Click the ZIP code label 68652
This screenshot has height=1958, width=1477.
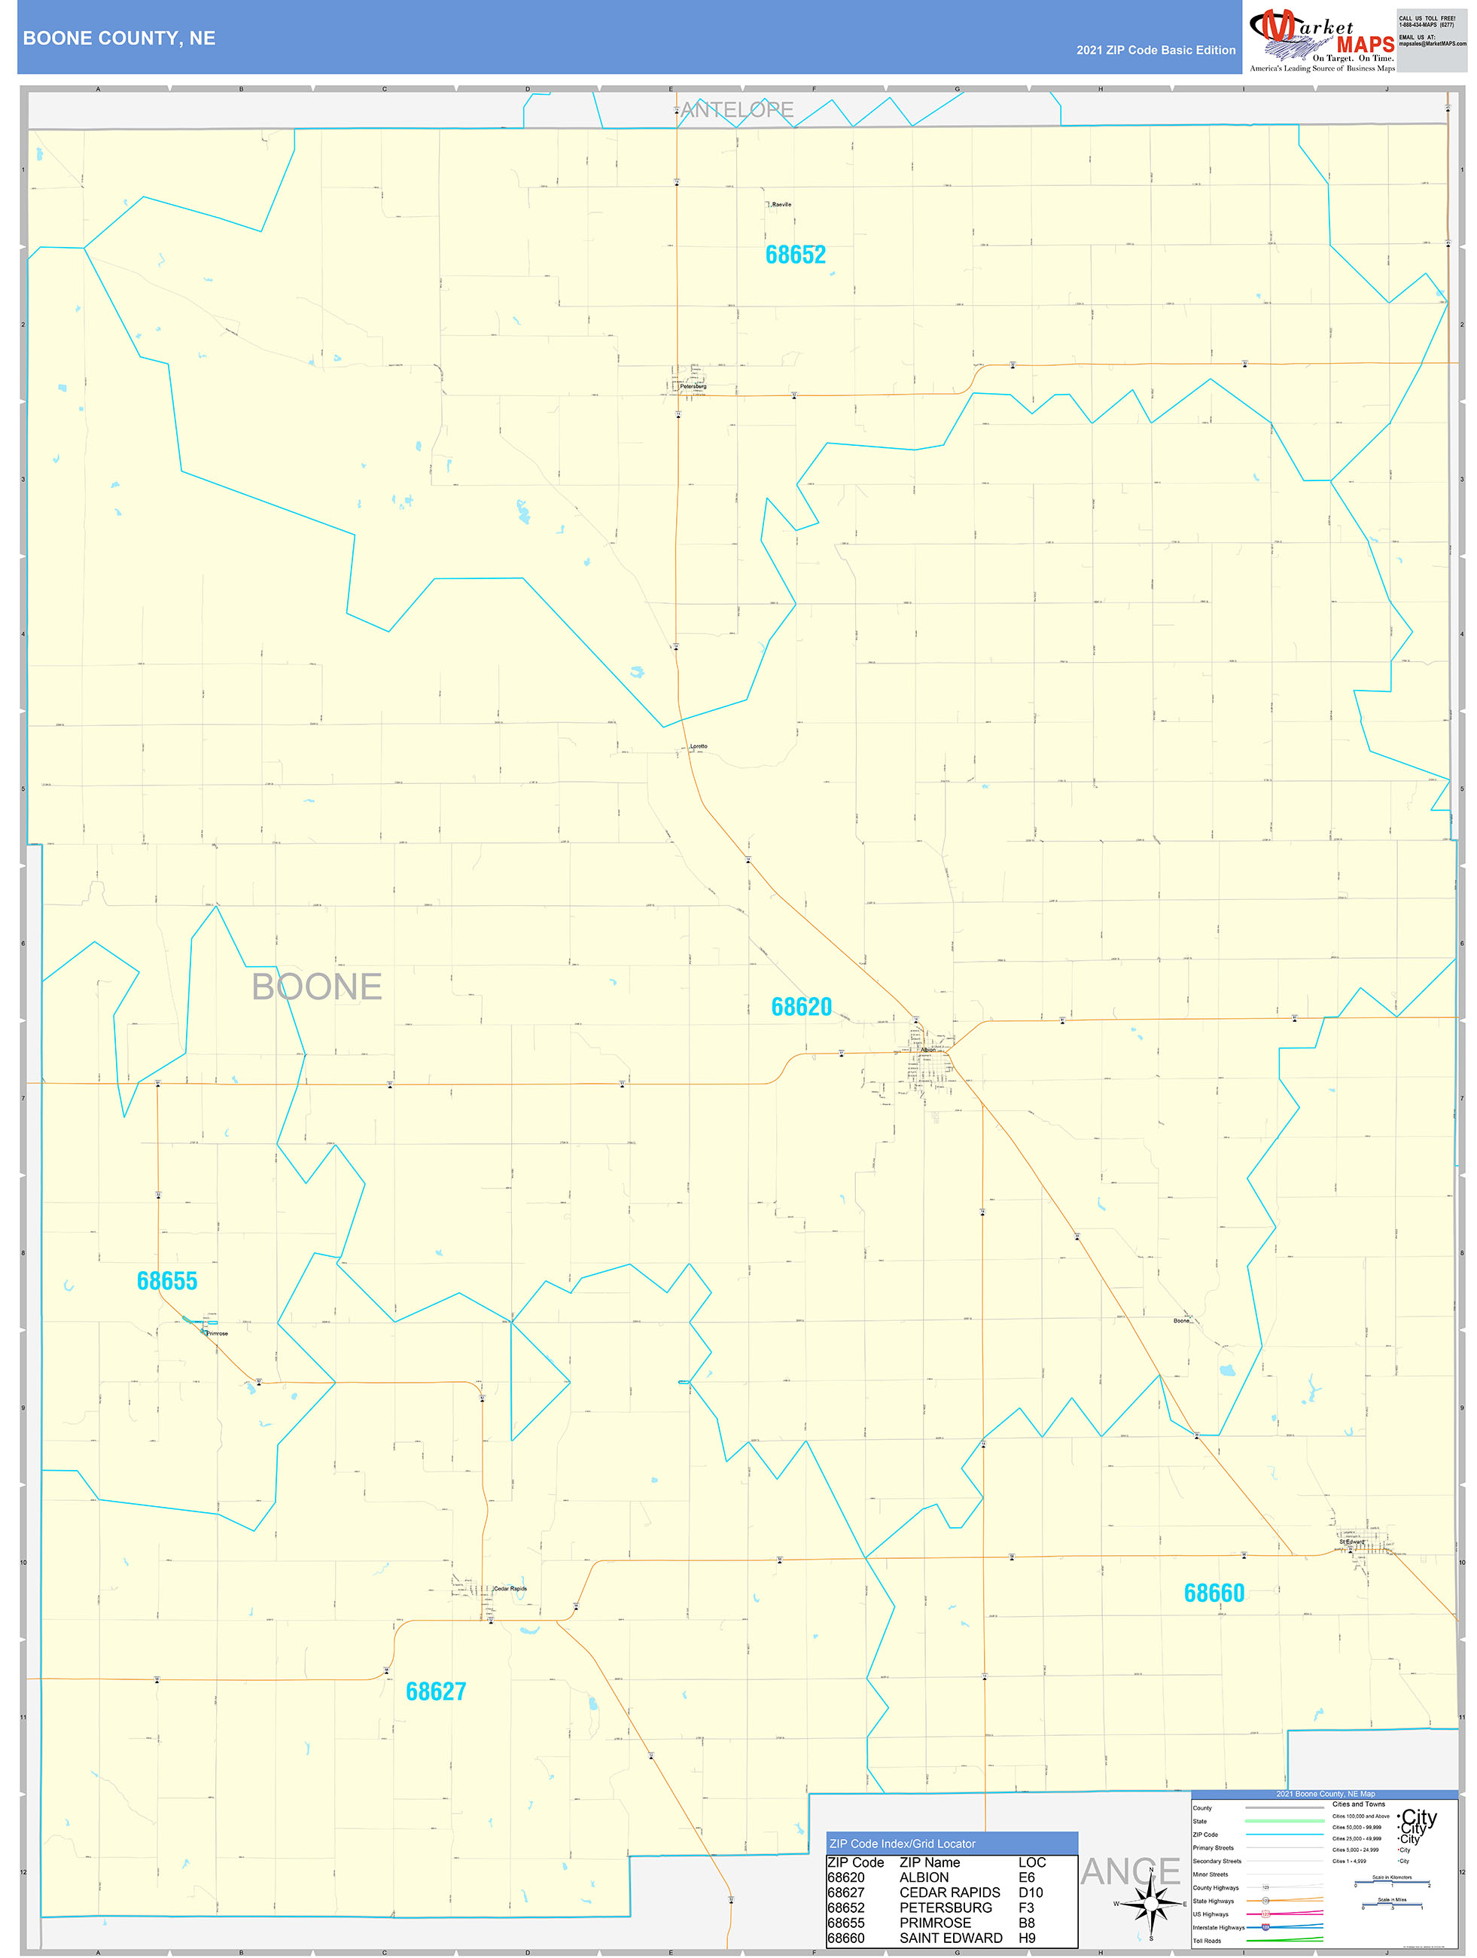pyautogui.click(x=795, y=255)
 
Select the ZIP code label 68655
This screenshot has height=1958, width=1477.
pyautogui.click(x=166, y=1281)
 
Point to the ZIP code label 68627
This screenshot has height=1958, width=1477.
pyautogui.click(x=435, y=1691)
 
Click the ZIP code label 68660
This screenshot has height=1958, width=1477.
pyautogui.click(x=1214, y=1594)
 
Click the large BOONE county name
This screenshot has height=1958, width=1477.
pyautogui.click(x=317, y=987)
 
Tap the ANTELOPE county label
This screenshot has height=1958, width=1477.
pyautogui.click(x=736, y=110)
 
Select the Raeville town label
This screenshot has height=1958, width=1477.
pyautogui.click(x=781, y=205)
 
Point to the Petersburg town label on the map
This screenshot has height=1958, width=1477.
pyautogui.click(x=693, y=387)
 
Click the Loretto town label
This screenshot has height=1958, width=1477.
pyautogui.click(x=699, y=747)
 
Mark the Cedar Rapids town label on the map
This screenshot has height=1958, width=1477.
pyautogui.click(x=510, y=1589)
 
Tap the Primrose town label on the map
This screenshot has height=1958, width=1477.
pyautogui.click(x=217, y=1333)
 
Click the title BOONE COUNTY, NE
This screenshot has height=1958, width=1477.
pyautogui.click(x=120, y=38)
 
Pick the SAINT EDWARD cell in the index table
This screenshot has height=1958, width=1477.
pyautogui.click(x=951, y=1938)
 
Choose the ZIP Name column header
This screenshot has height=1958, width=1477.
pyautogui.click(x=929, y=1862)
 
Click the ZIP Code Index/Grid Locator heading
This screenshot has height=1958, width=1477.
pyautogui.click(x=902, y=1844)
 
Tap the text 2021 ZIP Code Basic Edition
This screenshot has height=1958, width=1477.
pyautogui.click(x=1155, y=50)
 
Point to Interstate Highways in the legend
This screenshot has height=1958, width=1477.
pyautogui.click(x=1219, y=1927)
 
